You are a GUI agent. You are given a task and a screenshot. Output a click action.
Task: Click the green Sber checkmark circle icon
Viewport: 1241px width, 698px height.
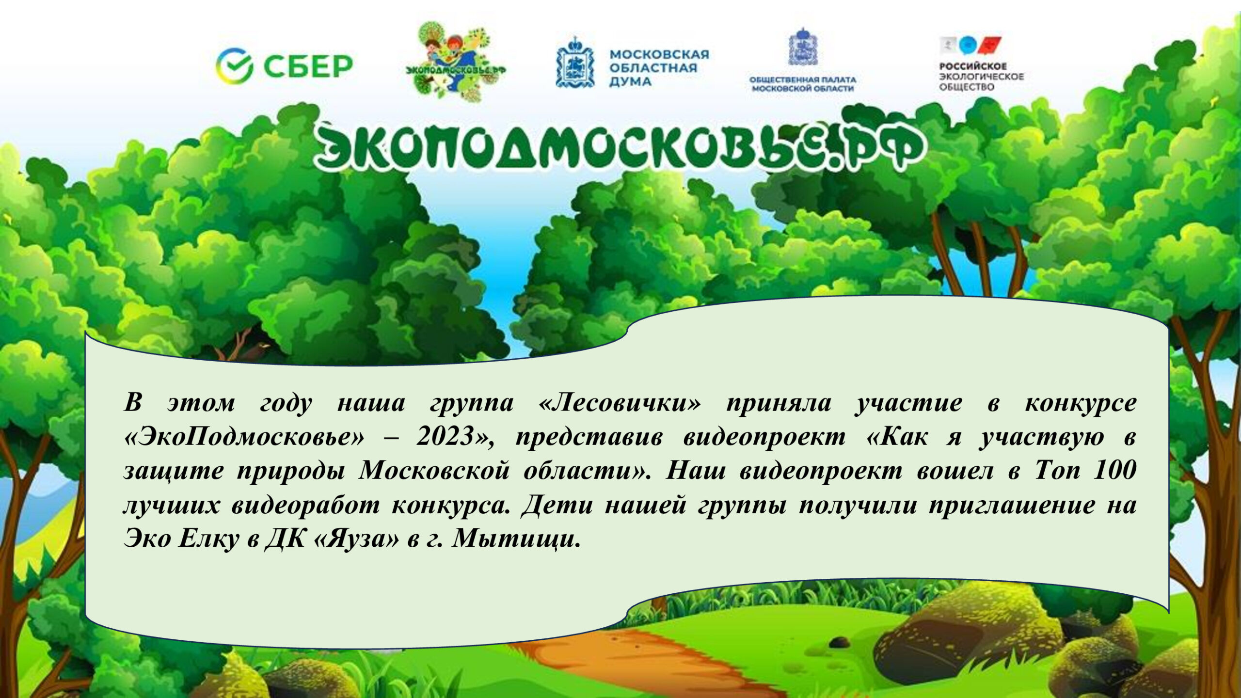[x=234, y=66]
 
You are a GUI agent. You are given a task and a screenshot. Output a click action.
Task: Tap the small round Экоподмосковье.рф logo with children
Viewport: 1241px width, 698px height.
[x=456, y=62]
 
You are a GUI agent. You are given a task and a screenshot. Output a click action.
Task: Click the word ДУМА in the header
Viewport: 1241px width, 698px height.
[x=630, y=82]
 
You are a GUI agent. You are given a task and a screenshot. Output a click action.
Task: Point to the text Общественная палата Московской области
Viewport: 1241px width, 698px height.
[x=803, y=84]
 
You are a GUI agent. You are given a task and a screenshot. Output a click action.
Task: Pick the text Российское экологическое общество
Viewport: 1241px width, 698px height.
[x=981, y=77]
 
